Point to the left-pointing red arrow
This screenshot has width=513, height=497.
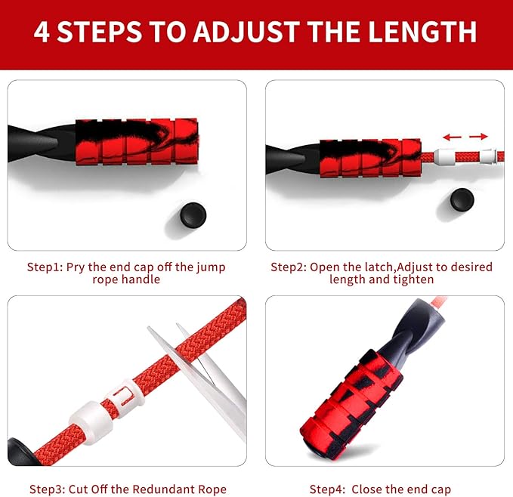tap(452, 137)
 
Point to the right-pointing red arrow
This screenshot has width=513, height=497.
tap(478, 137)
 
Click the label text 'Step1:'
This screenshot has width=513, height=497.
tap(45, 267)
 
